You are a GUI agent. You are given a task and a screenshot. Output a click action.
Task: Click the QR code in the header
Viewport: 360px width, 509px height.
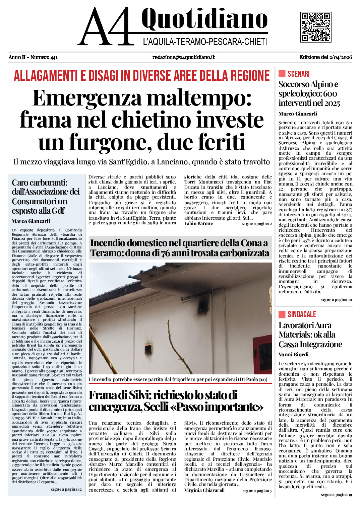(316, 27)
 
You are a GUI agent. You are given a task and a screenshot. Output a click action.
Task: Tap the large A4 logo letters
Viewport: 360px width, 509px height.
(106, 27)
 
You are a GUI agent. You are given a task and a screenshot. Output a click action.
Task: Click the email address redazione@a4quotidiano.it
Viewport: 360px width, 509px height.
(183, 57)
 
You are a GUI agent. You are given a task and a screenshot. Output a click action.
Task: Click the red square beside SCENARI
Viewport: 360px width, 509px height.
(282, 74)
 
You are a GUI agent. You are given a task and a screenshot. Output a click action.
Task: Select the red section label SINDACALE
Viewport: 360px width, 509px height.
(302, 314)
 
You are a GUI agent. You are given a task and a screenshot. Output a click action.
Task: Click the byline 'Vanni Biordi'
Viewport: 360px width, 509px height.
(293, 354)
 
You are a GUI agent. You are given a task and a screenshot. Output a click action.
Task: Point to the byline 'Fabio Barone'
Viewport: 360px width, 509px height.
(198, 224)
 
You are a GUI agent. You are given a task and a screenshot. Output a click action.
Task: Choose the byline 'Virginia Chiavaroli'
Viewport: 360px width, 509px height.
(204, 490)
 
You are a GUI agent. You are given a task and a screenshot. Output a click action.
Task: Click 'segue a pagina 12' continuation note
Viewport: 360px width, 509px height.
(66, 489)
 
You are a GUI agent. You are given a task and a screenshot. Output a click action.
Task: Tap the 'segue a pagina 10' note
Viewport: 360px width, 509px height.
(336, 300)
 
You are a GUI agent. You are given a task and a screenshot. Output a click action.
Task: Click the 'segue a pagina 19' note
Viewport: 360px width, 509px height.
(336, 495)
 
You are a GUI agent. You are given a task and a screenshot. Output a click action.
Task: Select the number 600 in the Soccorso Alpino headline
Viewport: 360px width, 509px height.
(330, 94)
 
